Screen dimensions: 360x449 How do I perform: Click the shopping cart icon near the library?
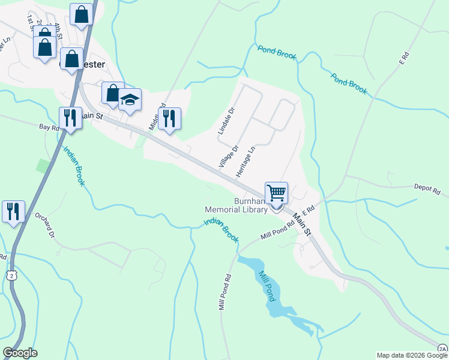(276, 193)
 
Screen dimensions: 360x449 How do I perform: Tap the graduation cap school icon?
(129, 100)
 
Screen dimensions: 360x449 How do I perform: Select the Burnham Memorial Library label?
(235, 205)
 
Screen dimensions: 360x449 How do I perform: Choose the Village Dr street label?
(229, 156)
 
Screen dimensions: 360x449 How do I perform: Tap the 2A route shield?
(442, 348)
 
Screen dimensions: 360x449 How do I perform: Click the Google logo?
(20, 353)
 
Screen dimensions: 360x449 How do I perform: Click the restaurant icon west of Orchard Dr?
(13, 211)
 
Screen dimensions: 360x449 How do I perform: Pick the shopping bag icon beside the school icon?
(112, 92)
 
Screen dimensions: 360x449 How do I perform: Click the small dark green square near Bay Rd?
(42, 166)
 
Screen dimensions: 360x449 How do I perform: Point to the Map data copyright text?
(412, 355)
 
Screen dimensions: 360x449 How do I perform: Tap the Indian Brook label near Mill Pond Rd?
(217, 229)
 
